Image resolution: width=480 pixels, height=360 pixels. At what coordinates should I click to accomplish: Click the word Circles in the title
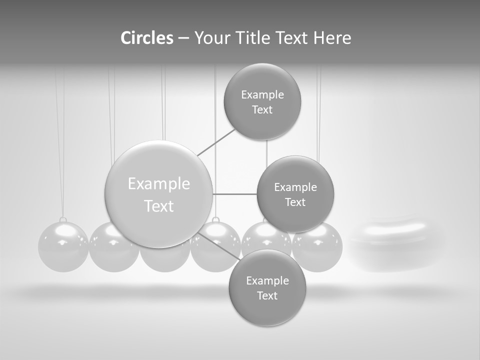click(146, 38)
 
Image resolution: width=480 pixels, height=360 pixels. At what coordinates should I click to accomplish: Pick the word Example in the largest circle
click(159, 184)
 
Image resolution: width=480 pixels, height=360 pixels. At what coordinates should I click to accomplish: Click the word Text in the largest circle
click(159, 206)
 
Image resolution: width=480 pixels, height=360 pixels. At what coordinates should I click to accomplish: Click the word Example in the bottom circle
click(267, 280)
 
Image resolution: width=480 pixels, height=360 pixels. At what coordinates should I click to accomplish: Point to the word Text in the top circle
click(262, 110)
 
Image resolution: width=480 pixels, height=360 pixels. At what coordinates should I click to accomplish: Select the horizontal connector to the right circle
click(234, 194)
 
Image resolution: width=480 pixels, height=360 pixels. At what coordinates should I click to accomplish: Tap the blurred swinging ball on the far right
click(395, 245)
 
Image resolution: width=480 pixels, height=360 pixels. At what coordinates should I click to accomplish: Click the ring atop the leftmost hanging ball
click(63, 220)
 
